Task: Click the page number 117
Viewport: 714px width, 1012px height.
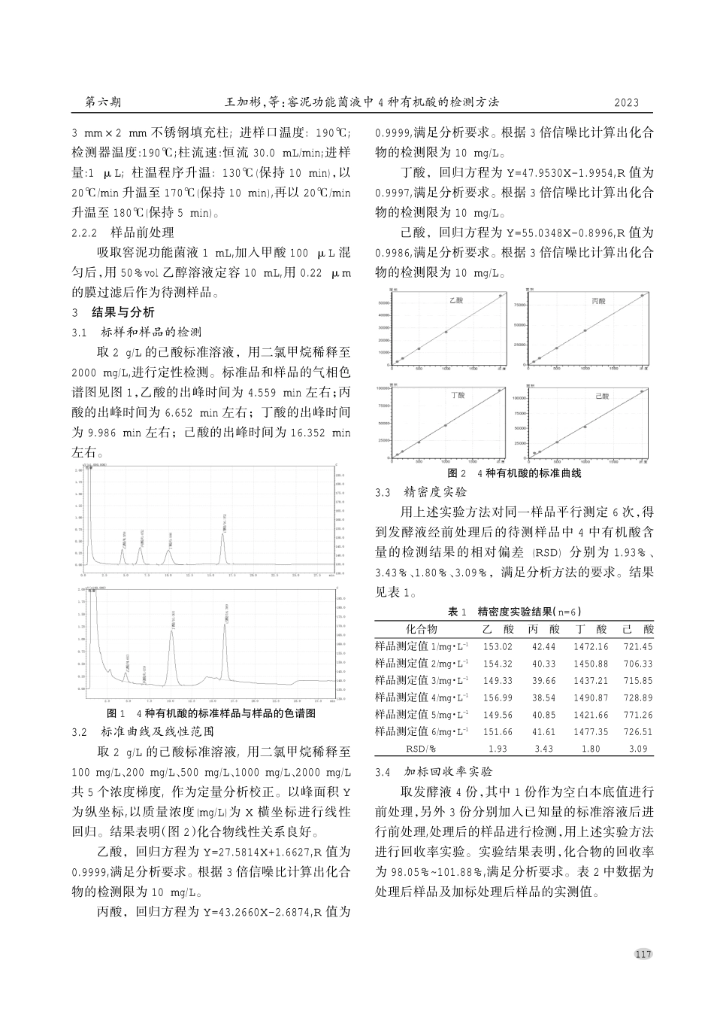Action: point(643,954)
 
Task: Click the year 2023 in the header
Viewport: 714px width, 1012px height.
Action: point(626,102)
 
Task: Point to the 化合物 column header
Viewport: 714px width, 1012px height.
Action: point(421,629)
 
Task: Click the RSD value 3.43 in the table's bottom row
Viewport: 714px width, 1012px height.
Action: point(543,749)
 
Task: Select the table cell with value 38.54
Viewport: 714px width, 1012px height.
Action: point(543,697)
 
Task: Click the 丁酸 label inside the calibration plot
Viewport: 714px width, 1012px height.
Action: point(458,394)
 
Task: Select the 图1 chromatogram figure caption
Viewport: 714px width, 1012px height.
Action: point(211,713)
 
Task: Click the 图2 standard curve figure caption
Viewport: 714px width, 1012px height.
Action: point(514,473)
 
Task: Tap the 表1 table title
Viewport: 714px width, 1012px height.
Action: point(514,611)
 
